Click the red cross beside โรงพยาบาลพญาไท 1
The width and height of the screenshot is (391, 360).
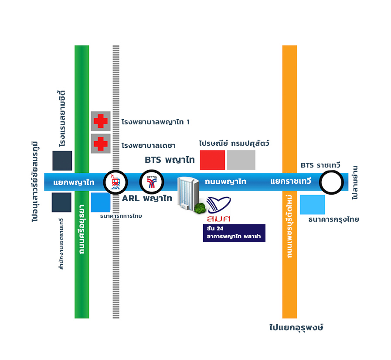[x=101, y=121]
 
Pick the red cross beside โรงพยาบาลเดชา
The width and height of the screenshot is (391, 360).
[x=101, y=144]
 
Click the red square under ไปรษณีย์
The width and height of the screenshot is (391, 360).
[x=212, y=160]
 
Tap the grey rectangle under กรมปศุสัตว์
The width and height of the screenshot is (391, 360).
[x=241, y=160]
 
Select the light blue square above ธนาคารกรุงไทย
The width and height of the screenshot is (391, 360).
[x=313, y=205]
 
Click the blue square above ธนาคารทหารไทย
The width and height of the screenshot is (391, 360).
[x=101, y=202]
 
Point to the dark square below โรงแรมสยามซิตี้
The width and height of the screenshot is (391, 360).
[x=62, y=161]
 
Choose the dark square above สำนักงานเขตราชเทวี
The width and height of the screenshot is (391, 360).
[x=61, y=202]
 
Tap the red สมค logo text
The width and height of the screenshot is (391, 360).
[x=218, y=219]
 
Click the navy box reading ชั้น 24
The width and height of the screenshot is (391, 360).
[x=234, y=233]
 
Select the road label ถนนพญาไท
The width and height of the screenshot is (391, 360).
[x=225, y=182]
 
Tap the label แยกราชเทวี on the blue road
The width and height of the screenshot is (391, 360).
[x=291, y=181]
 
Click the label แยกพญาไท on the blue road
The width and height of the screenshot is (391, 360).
[x=74, y=182]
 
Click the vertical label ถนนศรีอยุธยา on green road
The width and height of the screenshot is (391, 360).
[x=82, y=229]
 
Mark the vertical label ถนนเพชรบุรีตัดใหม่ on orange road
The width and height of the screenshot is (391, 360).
[x=289, y=226]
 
